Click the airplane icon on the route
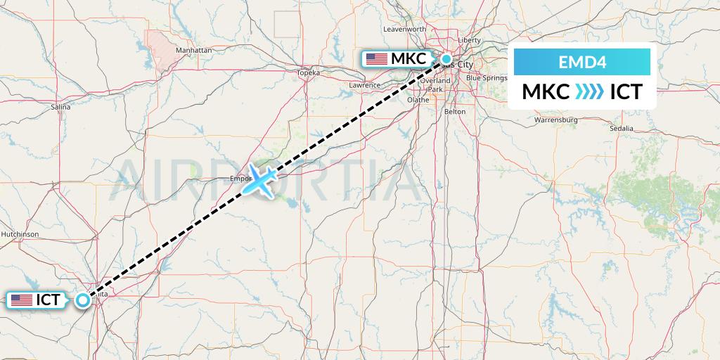pyautogui.click(x=262, y=181)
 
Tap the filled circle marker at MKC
pyautogui.click(x=446, y=60)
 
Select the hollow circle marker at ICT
pyautogui.click(x=83, y=300)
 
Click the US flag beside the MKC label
pyautogui.click(x=377, y=59)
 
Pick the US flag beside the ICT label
pyautogui.click(x=22, y=300)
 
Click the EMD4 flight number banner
pyautogui.click(x=582, y=62)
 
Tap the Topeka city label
pyautogui.click(x=308, y=72)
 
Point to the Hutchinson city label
pyautogui.click(x=20, y=233)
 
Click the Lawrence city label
pyautogui.click(x=364, y=85)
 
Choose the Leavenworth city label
pyautogui.click(x=405, y=29)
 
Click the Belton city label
pyautogui.click(x=455, y=112)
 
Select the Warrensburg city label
pyautogui.click(x=555, y=120)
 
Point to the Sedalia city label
pyautogui.click(x=622, y=128)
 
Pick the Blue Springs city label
pyautogui.click(x=487, y=77)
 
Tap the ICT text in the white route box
pyautogui.click(x=625, y=92)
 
